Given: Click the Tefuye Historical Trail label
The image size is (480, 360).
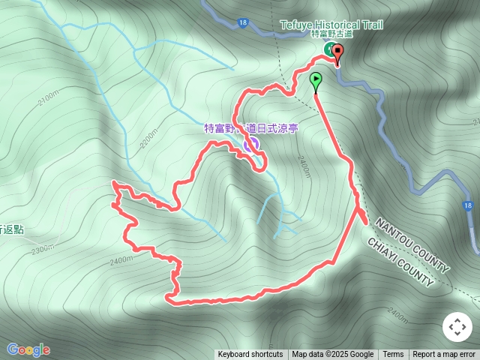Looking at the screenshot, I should (x=331, y=25).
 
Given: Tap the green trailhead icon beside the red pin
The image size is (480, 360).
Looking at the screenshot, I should (x=328, y=49).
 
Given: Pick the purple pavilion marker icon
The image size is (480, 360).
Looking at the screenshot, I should (x=251, y=144).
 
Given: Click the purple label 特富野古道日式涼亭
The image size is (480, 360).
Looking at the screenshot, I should (x=251, y=128).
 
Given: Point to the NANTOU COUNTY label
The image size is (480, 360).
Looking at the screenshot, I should (x=412, y=245).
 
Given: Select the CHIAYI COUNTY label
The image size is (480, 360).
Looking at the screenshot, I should (x=400, y=262).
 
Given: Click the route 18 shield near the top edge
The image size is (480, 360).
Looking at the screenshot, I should (x=242, y=23).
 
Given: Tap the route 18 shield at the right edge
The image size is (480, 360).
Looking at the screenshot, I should (x=468, y=205).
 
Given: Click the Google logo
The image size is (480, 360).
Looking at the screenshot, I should (x=28, y=349).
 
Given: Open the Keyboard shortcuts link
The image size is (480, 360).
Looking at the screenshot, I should (x=250, y=355).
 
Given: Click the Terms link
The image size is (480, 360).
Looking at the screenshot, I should (x=393, y=355).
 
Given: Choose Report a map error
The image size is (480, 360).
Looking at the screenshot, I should (x=444, y=355).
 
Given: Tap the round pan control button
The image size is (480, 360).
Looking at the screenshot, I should (x=457, y=327).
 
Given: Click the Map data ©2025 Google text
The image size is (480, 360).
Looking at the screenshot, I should (x=332, y=355).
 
